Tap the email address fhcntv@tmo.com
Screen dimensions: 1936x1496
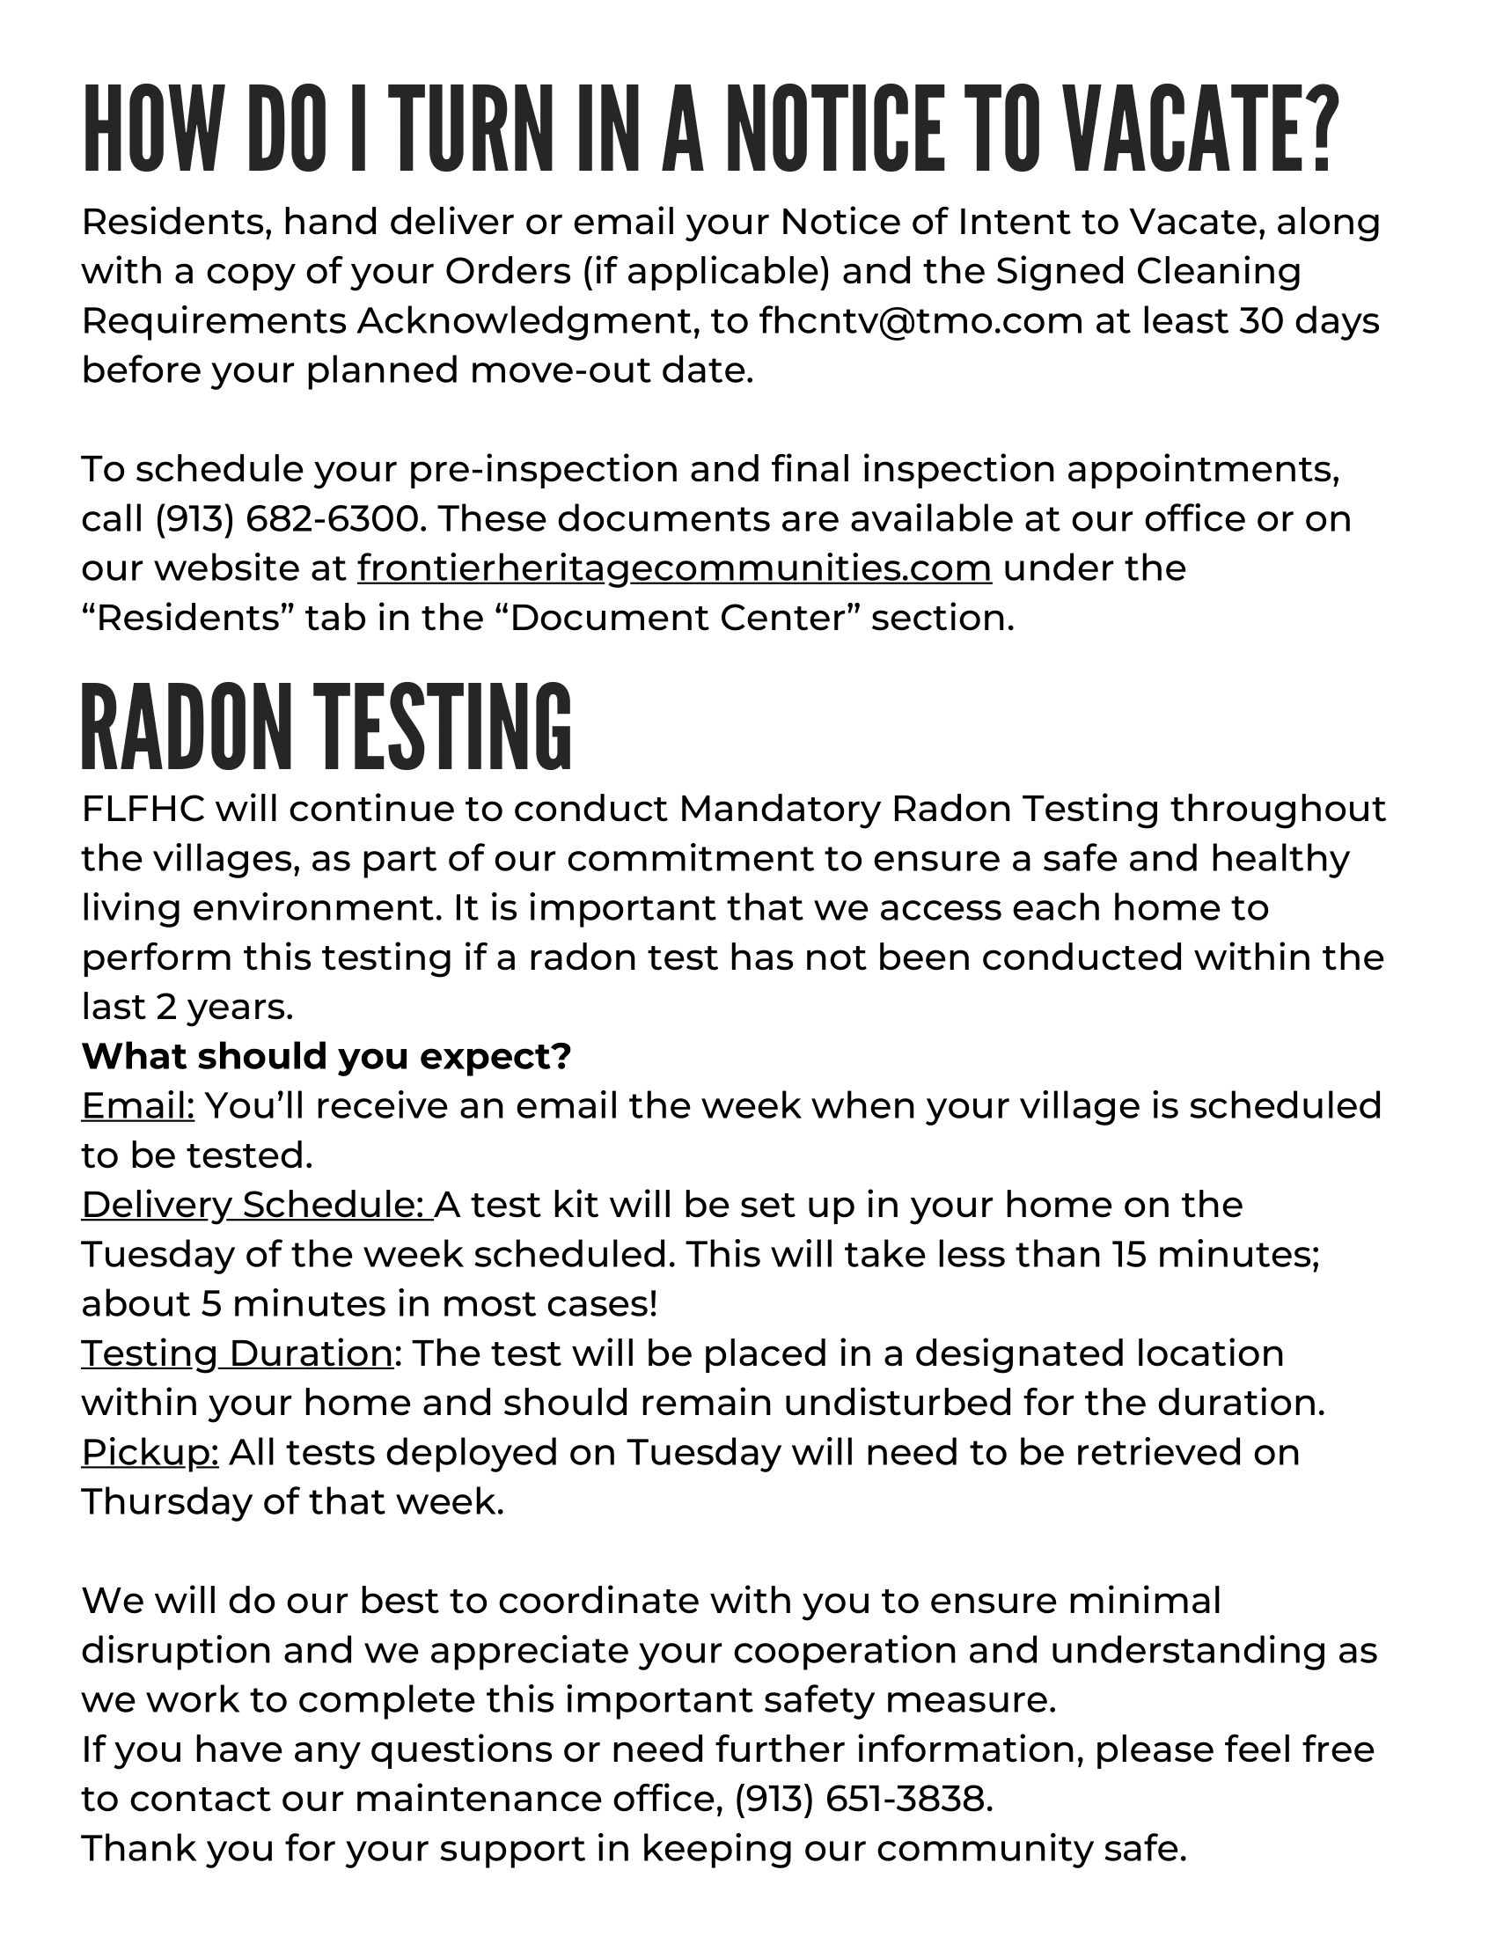[920, 321]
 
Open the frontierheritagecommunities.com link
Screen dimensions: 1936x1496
[674, 568]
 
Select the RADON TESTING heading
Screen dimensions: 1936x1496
[326, 726]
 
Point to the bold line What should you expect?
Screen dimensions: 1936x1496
[326, 1056]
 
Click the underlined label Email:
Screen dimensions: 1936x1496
[137, 1105]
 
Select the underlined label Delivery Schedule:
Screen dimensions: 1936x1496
[257, 1205]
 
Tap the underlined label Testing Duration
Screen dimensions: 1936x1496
[237, 1353]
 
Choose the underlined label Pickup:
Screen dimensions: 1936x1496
[150, 1452]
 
